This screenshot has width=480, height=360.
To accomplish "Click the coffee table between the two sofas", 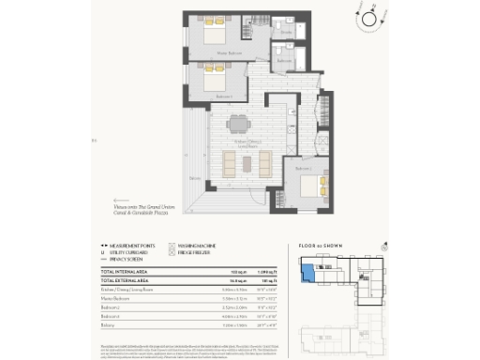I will pos(247,164).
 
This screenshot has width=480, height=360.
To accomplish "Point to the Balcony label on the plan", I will pos(194,178).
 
